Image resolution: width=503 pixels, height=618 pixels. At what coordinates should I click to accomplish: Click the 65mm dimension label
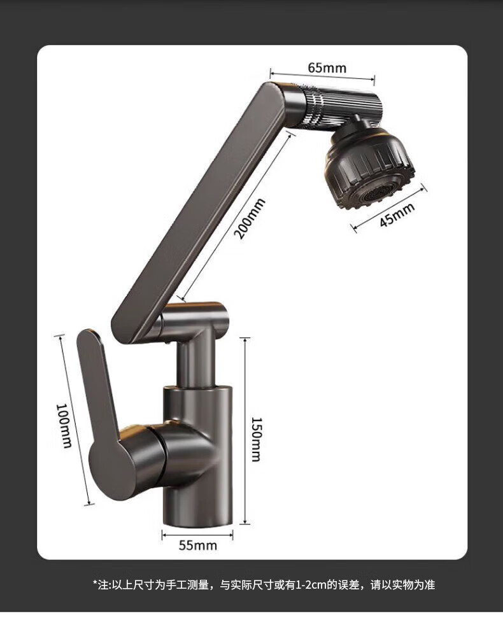[327, 68]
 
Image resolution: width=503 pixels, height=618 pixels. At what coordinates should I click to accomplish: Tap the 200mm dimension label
[249, 219]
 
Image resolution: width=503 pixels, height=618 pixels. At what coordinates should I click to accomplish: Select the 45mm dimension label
[397, 214]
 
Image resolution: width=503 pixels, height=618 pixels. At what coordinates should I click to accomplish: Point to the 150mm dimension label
[256, 439]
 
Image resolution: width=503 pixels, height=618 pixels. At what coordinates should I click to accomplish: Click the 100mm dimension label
[64, 426]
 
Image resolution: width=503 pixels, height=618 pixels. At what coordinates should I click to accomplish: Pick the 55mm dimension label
[197, 545]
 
